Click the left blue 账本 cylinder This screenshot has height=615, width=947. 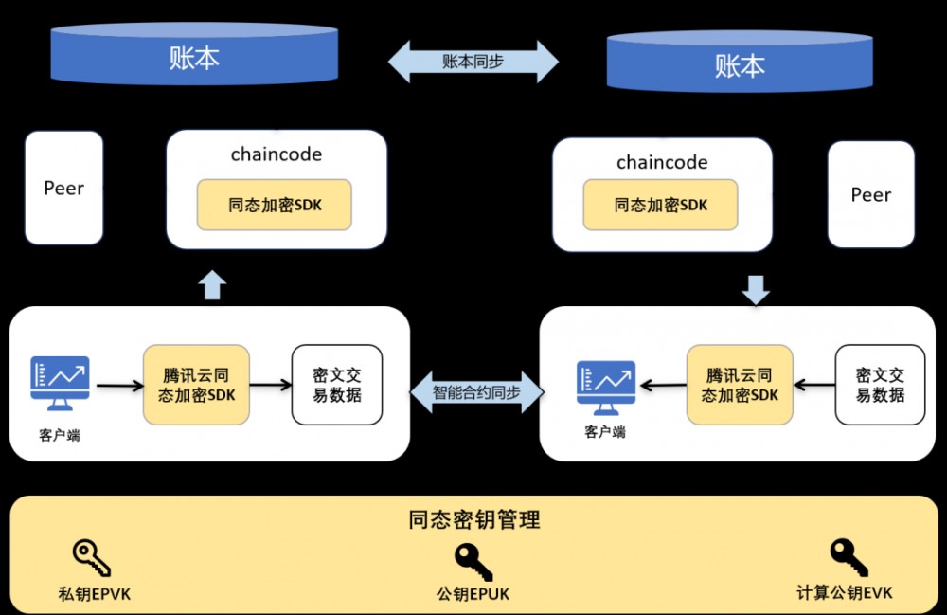point(194,57)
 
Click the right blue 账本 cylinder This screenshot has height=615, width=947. point(740,64)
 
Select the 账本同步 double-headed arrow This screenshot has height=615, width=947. point(473,62)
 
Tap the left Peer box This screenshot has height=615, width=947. point(63,188)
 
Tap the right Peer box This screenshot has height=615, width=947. point(870,194)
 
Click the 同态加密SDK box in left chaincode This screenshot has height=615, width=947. point(275,205)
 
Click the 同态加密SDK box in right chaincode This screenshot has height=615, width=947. point(661,205)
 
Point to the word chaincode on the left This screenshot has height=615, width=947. point(277,154)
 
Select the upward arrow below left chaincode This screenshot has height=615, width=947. point(213,284)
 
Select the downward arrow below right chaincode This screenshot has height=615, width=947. point(756,289)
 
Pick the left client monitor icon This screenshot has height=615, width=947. point(60,384)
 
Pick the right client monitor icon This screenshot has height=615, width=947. point(606,388)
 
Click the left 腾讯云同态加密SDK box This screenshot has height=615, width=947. point(196,385)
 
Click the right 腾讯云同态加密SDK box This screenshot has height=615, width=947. point(740,385)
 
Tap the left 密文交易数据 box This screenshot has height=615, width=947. point(337,385)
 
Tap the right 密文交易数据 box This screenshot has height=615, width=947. point(880,385)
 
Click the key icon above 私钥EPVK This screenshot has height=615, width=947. point(92,558)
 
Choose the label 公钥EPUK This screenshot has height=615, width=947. point(473,594)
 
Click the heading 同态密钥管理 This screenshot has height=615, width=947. point(474,519)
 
